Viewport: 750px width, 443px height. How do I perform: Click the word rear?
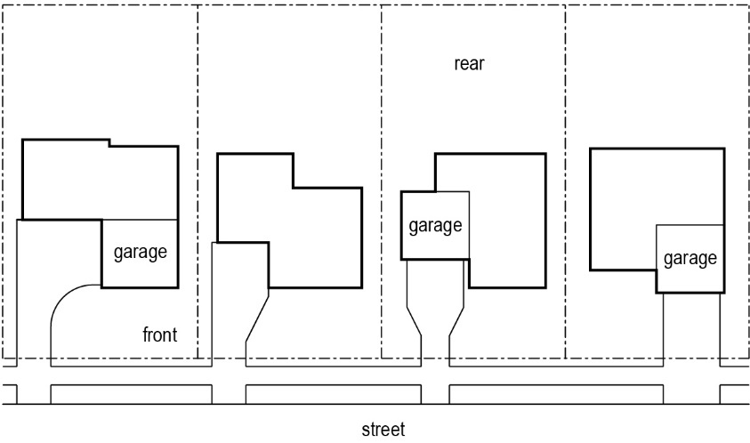pyautogui.click(x=469, y=64)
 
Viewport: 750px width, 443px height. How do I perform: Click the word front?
pyautogui.click(x=160, y=335)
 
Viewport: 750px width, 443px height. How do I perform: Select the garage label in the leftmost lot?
pyautogui.click(x=141, y=252)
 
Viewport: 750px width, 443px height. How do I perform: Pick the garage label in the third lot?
pyautogui.click(x=435, y=225)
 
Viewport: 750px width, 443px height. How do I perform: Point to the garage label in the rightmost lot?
pyautogui.click(x=690, y=259)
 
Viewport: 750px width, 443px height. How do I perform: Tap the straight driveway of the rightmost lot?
pyautogui.click(x=691, y=329)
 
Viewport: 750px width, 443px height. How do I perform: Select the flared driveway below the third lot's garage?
pyautogui.click(x=435, y=311)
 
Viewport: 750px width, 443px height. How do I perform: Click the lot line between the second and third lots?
pyautogui.click(x=382, y=107)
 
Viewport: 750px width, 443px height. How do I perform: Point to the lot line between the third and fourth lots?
pyautogui.click(x=565, y=107)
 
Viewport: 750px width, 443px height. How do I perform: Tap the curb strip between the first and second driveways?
pyautogui.click(x=131, y=393)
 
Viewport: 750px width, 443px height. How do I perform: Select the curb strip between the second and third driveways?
pyautogui.click(x=333, y=393)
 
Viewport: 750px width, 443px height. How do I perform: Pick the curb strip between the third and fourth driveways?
pyautogui.click(x=557, y=393)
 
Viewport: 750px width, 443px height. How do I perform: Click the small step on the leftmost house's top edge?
pyautogui.click(x=109, y=142)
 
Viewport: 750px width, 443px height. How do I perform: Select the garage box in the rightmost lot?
pyautogui.click(x=689, y=258)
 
